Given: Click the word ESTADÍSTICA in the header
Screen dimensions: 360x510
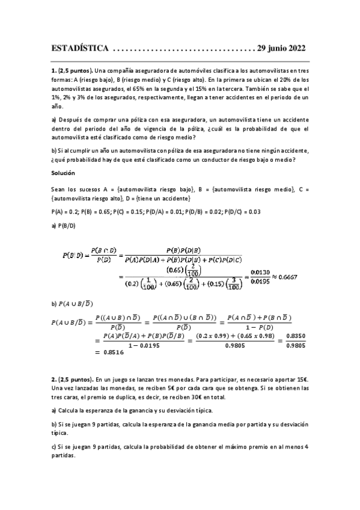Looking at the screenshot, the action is click(80, 48).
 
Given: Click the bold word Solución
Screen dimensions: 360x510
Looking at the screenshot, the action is click(63, 173).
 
